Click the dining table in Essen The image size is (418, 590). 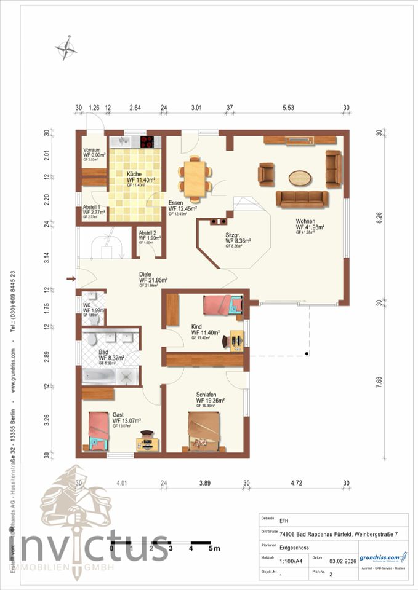pyautogui.click(x=195, y=178)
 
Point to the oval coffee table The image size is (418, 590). pyautogui.click(x=300, y=178)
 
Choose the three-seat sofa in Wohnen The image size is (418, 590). pyautogui.click(x=302, y=199)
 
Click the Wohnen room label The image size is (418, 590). pyautogui.click(x=310, y=224)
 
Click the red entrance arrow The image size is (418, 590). pyautogui.click(x=70, y=280)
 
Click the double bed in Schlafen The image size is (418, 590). pyautogui.click(x=203, y=433)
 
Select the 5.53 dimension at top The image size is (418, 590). pyautogui.click(x=287, y=108)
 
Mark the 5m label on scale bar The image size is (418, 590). pyautogui.click(x=213, y=547)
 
